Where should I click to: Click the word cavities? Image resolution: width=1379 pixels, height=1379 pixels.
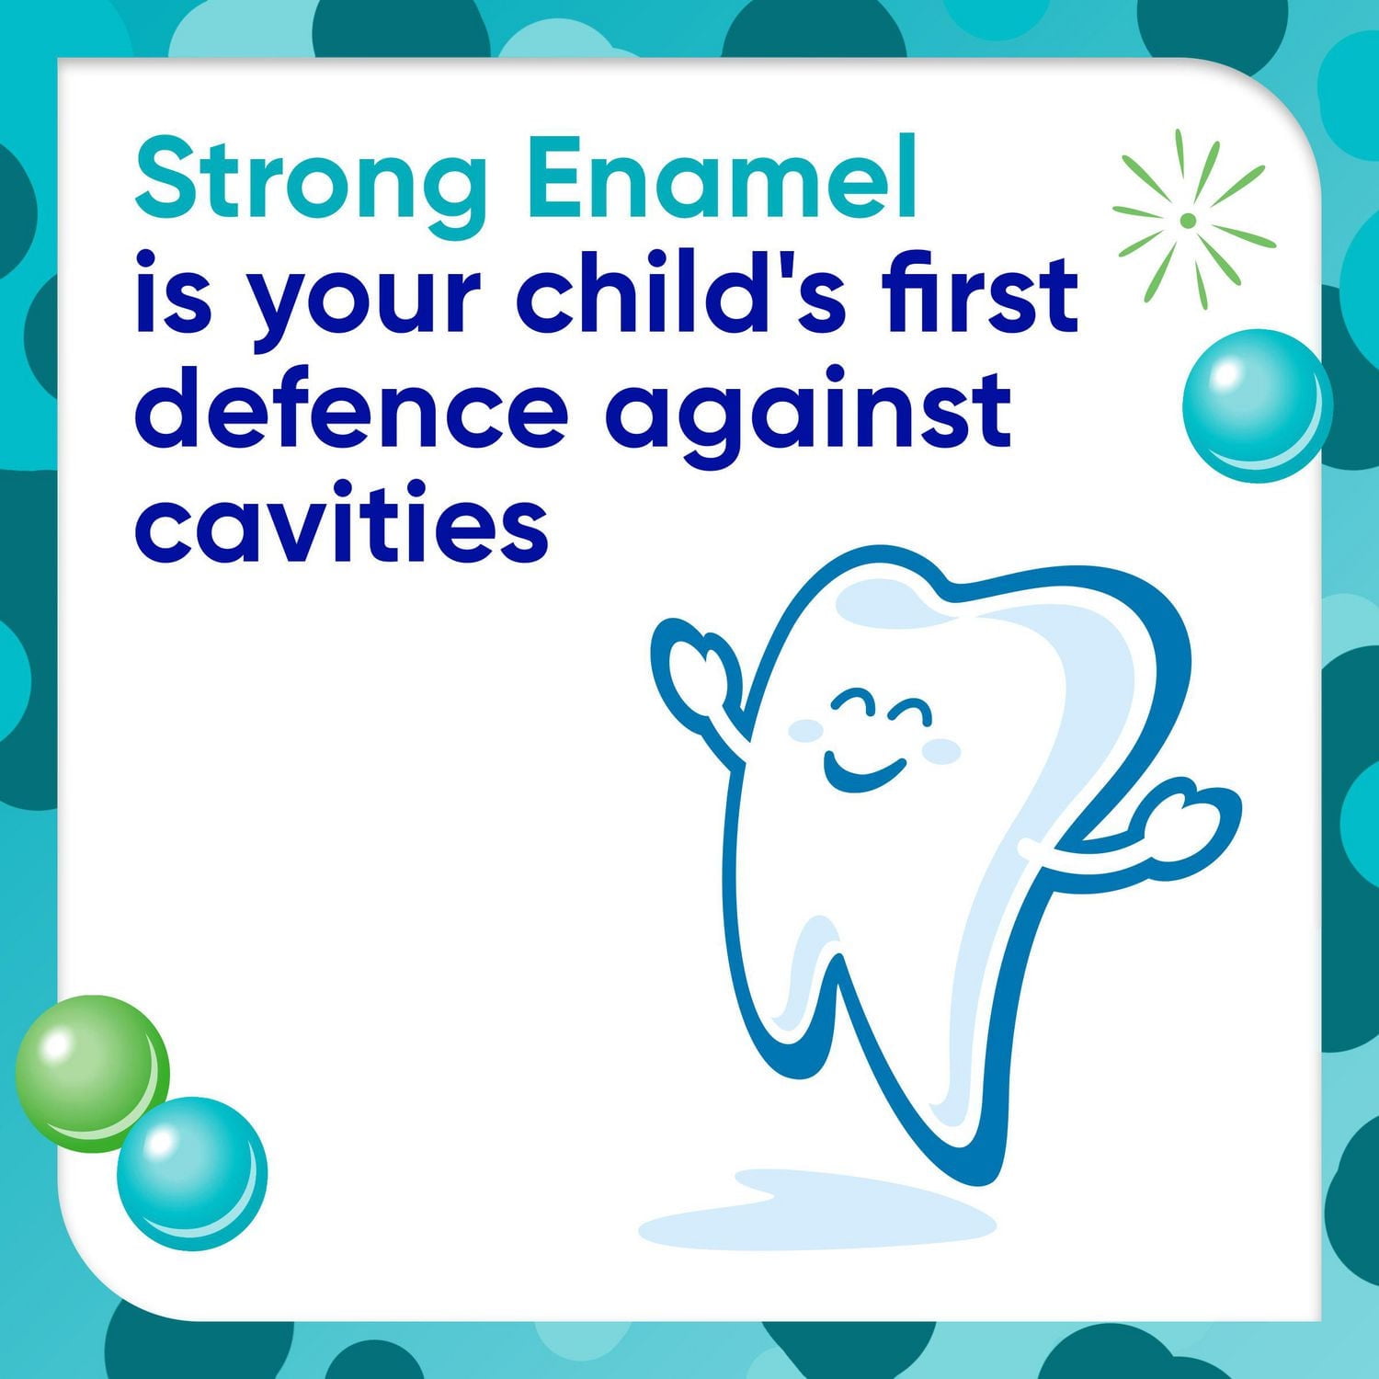[342, 521]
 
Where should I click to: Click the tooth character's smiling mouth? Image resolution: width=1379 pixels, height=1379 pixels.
[861, 770]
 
